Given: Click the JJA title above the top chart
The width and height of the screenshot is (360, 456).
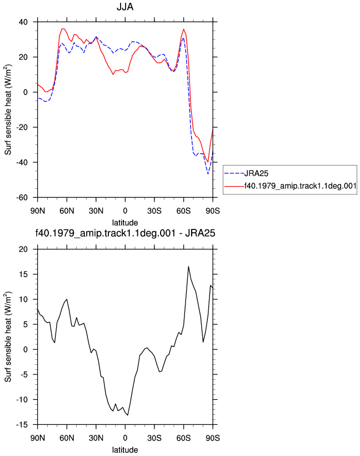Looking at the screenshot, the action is coord(125,7).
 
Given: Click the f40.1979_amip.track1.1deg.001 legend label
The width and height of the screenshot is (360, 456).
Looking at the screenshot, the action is coord(300,186).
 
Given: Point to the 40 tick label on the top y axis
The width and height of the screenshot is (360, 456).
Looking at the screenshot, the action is coord(23,22).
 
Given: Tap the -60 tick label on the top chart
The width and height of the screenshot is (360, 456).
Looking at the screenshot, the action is coord(22,198).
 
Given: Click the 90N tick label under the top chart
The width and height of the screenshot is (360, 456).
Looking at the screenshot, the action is coord(38,211).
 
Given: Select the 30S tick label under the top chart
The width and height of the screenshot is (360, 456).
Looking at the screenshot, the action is coord(154,211).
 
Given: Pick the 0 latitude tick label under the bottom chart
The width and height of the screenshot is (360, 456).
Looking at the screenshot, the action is coord(125,438).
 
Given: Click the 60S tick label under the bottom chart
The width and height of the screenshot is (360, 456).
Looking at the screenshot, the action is coord(183,438).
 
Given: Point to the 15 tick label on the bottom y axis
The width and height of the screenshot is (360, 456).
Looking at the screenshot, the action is coord(23,274).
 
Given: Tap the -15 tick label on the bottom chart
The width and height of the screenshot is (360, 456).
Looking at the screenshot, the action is coord(22,424).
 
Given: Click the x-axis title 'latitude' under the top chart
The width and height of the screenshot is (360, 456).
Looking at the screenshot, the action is coord(125,223).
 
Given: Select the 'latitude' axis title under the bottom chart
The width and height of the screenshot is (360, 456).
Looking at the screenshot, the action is coord(125,449).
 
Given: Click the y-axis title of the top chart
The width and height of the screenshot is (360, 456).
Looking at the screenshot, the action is coord(8,109).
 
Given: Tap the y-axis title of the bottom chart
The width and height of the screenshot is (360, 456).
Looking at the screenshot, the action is coord(8,337).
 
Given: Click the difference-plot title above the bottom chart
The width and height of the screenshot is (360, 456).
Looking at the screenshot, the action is coord(125,233).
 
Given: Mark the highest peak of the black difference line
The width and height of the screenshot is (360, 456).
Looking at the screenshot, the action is coord(188,267).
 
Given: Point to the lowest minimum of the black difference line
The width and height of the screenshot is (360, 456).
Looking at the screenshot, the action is coord(128,415).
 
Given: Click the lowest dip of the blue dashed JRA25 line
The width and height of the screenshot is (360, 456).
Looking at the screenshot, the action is coord(208,174).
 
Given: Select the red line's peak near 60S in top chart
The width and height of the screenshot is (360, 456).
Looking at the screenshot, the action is coord(184,29).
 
